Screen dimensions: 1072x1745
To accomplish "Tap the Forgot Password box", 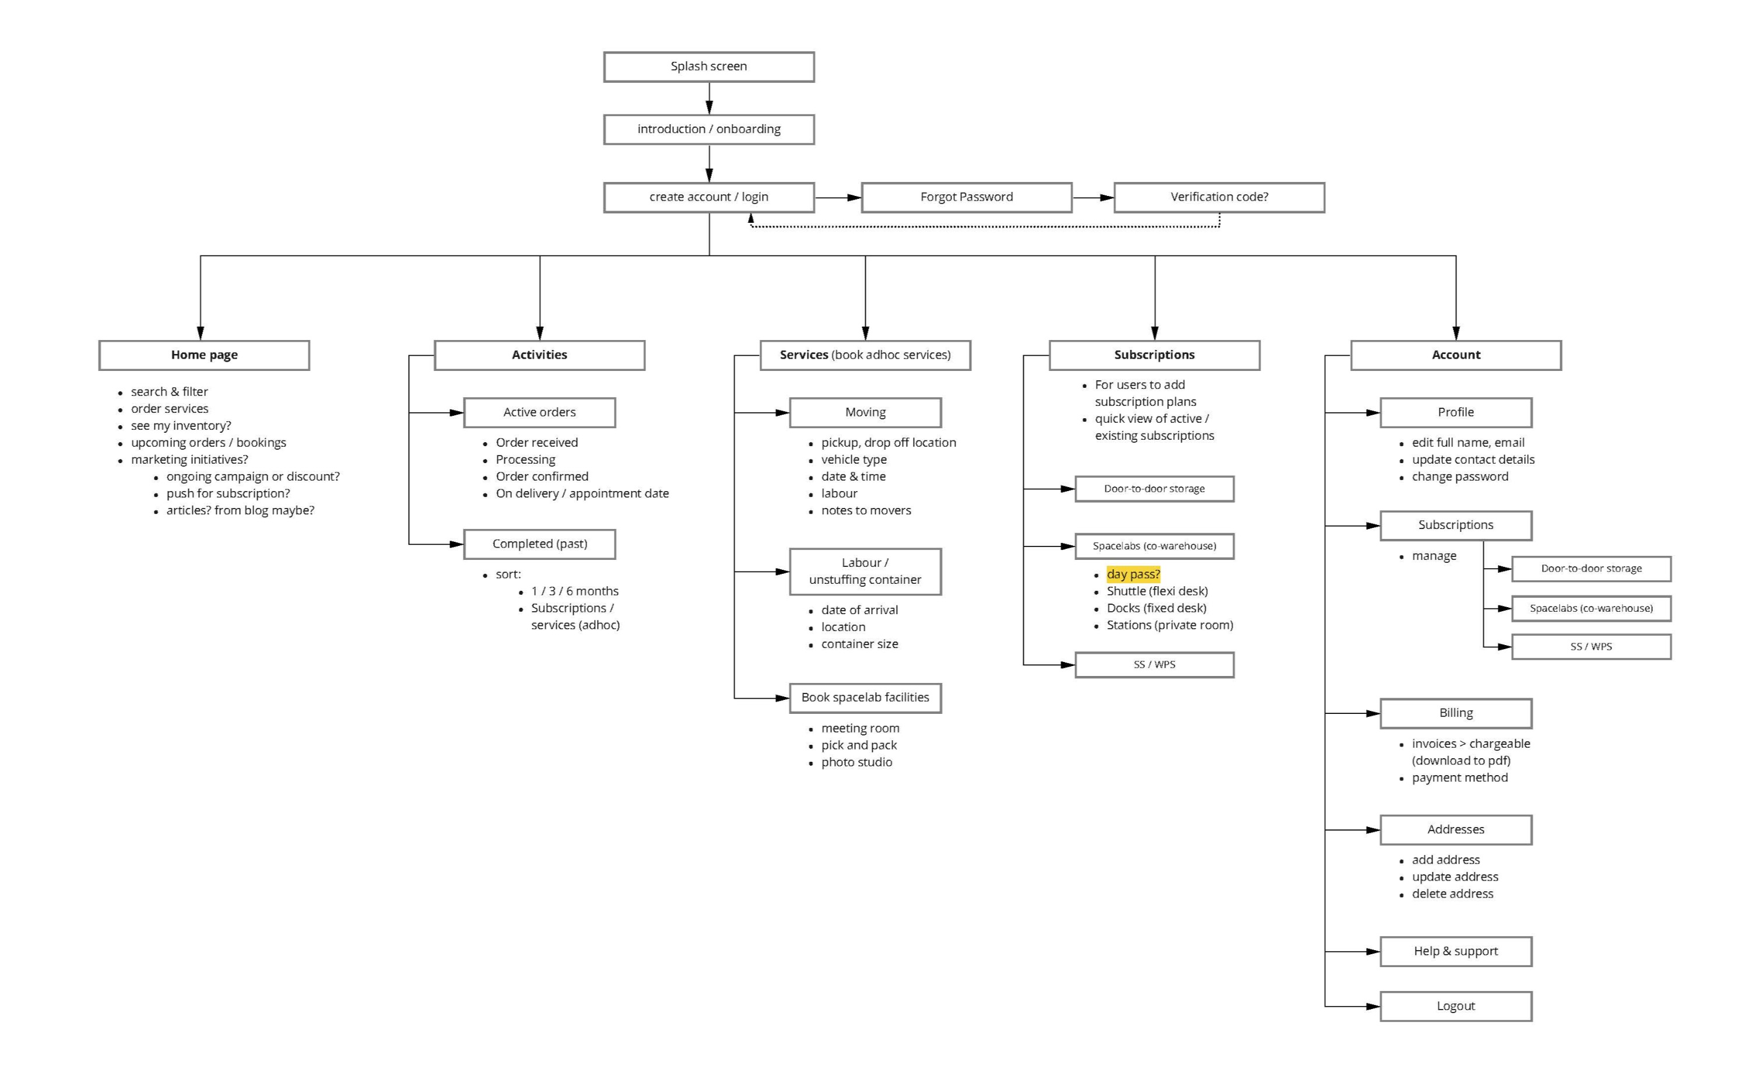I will [966, 197].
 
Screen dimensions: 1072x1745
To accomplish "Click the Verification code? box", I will [1219, 197].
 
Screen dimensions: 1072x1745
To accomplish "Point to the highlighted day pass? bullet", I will [1133, 574].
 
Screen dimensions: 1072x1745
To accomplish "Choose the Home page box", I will [204, 355].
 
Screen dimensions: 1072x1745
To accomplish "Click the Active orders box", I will [539, 412].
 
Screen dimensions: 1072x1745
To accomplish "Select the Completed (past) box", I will [539, 544].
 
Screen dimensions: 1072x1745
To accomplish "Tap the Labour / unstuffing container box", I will [865, 572].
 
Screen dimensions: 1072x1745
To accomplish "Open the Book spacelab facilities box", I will [865, 698].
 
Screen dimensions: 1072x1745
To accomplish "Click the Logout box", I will [1455, 1006].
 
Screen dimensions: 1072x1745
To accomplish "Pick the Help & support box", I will [1455, 951].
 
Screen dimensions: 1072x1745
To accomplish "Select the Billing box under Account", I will [1455, 713].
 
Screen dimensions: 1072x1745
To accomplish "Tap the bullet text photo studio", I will [856, 762].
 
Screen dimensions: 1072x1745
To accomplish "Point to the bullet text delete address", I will [1452, 894].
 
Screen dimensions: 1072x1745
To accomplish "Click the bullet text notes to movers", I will [865, 510].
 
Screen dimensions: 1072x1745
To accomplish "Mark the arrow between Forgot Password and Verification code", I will [1093, 198].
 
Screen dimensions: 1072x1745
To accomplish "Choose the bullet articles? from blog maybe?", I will [240, 510].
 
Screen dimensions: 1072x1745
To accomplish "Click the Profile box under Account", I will [1455, 412].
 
